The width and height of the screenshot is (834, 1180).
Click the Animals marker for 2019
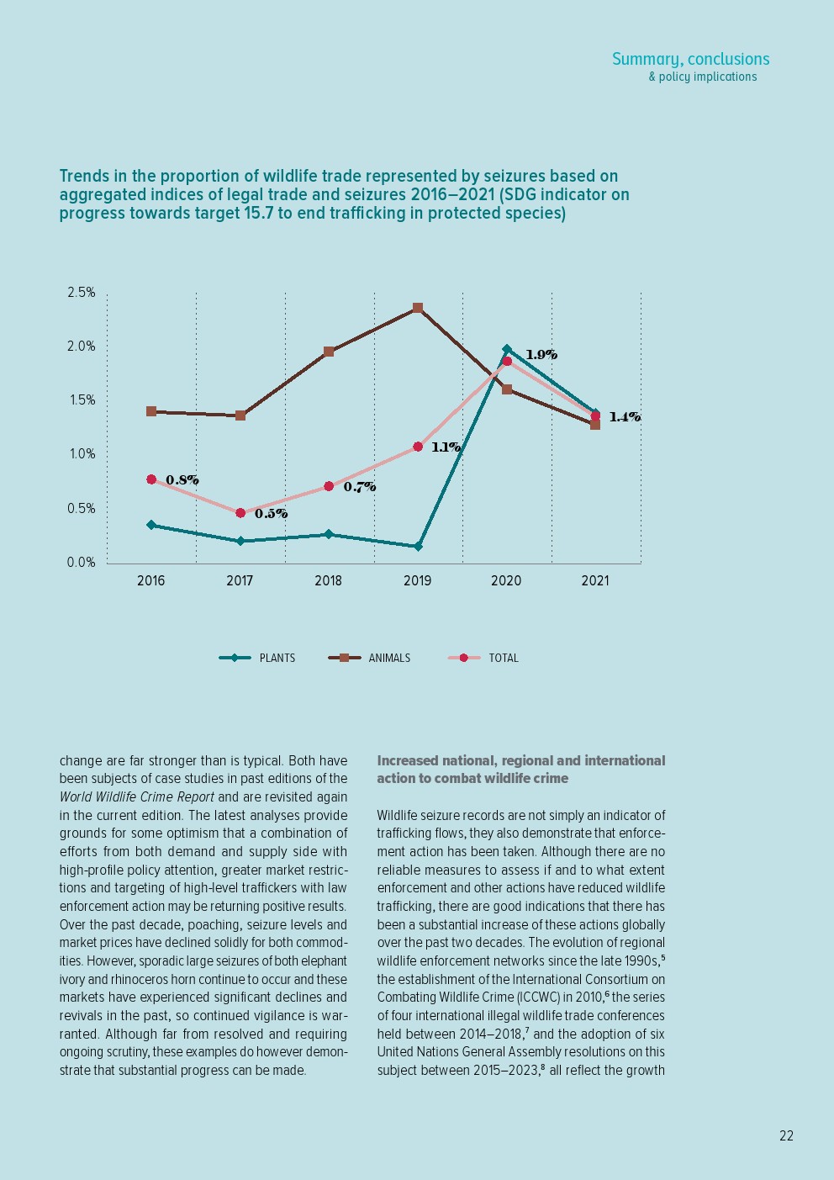pyautogui.click(x=418, y=308)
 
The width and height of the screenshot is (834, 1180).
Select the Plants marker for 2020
pyautogui.click(x=506, y=349)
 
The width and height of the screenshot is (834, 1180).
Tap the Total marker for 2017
pyautogui.click(x=240, y=513)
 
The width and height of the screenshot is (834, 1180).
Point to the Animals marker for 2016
pyautogui.click(x=151, y=411)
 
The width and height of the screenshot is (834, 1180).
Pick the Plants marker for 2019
pyautogui.click(x=418, y=547)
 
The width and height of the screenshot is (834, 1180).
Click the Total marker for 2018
pyautogui.click(x=329, y=486)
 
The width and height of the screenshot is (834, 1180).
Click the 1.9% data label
pyautogui.click(x=541, y=355)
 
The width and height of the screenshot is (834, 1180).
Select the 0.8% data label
pyautogui.click(x=182, y=480)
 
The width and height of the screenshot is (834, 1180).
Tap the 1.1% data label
pyautogui.click(x=446, y=447)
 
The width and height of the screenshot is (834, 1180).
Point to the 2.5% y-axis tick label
pyautogui.click(x=82, y=293)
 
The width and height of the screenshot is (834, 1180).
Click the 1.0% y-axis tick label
pyautogui.click(x=82, y=454)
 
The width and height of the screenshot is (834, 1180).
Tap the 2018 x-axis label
pyautogui.click(x=329, y=580)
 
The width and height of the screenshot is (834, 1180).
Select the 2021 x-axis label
pyautogui.click(x=595, y=580)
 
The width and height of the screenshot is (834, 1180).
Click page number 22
pyautogui.click(x=786, y=1135)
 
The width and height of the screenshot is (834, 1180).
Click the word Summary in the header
pyautogui.click(x=646, y=59)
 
